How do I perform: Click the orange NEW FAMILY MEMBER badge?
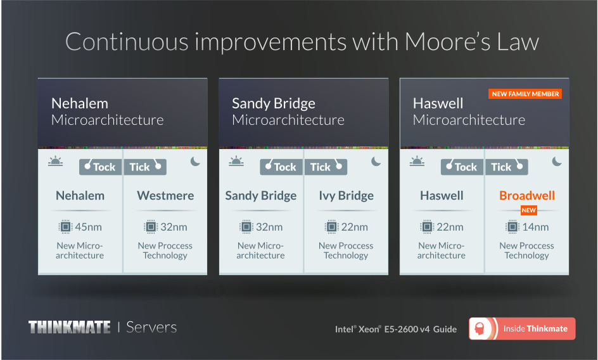click(525, 94)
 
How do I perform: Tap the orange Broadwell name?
click(526, 195)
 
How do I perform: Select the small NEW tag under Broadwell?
click(528, 210)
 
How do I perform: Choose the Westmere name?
click(165, 195)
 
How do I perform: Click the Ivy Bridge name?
click(347, 196)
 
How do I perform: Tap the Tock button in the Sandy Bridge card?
click(282, 167)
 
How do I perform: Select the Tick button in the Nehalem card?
click(144, 167)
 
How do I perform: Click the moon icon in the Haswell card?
click(557, 162)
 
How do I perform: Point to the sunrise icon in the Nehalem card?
click(55, 161)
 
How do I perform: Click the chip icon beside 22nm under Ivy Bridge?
click(331, 227)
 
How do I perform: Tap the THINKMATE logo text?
click(70, 327)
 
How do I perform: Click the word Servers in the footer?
click(151, 327)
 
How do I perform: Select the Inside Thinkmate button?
click(522, 329)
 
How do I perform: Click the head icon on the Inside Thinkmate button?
click(480, 329)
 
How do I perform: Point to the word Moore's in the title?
click(447, 41)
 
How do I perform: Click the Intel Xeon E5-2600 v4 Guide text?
click(396, 329)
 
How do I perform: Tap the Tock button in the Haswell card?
click(462, 167)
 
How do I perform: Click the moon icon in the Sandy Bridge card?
click(376, 162)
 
